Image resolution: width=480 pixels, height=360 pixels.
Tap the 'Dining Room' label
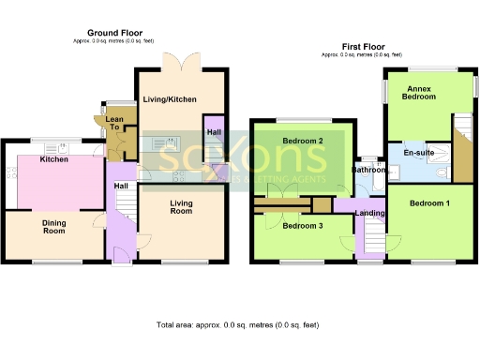coord(52,227)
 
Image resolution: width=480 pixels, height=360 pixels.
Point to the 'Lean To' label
coord(114,124)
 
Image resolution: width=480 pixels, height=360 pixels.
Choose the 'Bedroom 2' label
coord(302,142)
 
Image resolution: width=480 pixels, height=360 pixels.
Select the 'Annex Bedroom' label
coord(419,92)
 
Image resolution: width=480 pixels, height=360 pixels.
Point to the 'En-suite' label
coord(417,152)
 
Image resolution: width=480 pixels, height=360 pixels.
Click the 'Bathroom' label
coord(367,170)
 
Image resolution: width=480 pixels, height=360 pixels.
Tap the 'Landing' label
coord(367,214)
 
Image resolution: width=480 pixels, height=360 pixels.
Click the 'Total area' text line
coord(237,324)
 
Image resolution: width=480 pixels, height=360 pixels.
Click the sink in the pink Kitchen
coord(64,146)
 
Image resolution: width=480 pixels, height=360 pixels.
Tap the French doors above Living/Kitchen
coord(178,62)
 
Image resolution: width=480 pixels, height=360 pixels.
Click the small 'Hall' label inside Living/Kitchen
coord(213,132)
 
